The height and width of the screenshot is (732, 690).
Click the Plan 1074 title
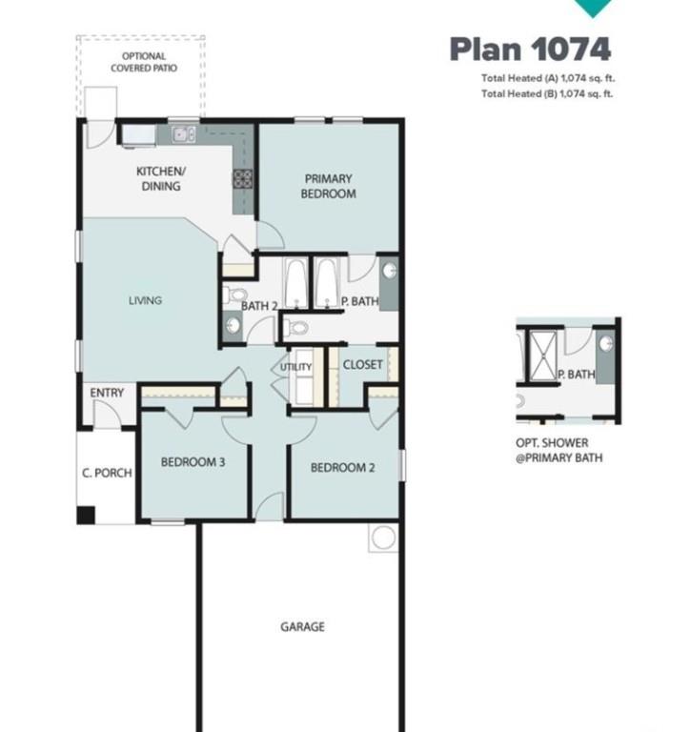(530, 49)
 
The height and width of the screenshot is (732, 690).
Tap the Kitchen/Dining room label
(160, 179)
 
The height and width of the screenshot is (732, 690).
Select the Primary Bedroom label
(330, 186)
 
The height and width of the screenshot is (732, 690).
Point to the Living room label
(145, 300)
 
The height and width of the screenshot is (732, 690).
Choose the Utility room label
(295, 367)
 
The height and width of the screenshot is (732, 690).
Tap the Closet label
(362, 364)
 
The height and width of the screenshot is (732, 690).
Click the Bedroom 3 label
(193, 463)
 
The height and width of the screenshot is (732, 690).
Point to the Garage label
(302, 626)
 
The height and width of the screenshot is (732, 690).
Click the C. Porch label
(107, 473)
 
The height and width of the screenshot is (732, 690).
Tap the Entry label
(107, 393)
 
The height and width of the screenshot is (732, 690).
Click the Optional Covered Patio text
(143, 63)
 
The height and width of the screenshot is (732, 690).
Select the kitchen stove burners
(242, 178)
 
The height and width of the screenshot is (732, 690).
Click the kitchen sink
(183, 133)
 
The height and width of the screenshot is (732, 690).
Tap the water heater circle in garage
(383, 538)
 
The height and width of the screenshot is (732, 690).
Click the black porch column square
(86, 515)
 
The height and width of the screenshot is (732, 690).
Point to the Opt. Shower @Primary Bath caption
(558, 451)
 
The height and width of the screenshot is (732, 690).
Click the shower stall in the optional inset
(538, 355)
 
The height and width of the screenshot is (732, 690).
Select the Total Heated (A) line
(546, 79)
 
